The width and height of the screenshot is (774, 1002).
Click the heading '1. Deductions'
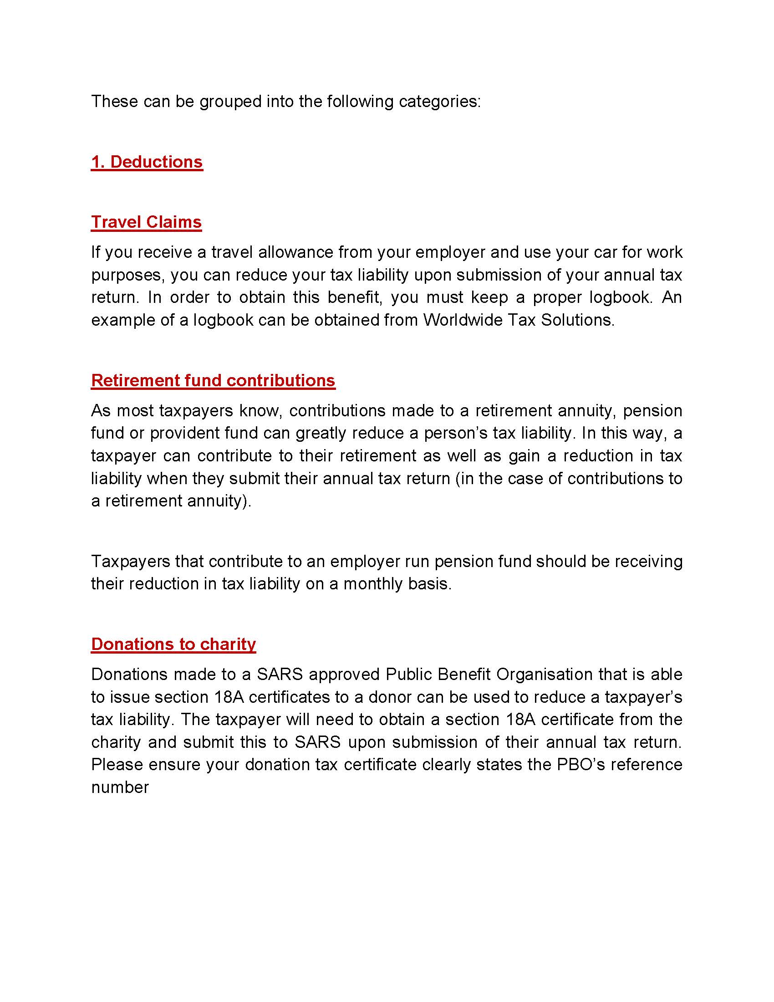point(147,162)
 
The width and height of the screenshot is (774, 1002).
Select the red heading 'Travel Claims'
point(146,222)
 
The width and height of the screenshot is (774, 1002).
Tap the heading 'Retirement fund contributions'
point(213,380)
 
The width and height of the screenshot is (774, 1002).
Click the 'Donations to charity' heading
point(173,644)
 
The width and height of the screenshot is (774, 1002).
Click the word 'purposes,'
point(128,275)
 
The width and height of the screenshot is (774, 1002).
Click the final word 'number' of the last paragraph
point(120,787)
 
